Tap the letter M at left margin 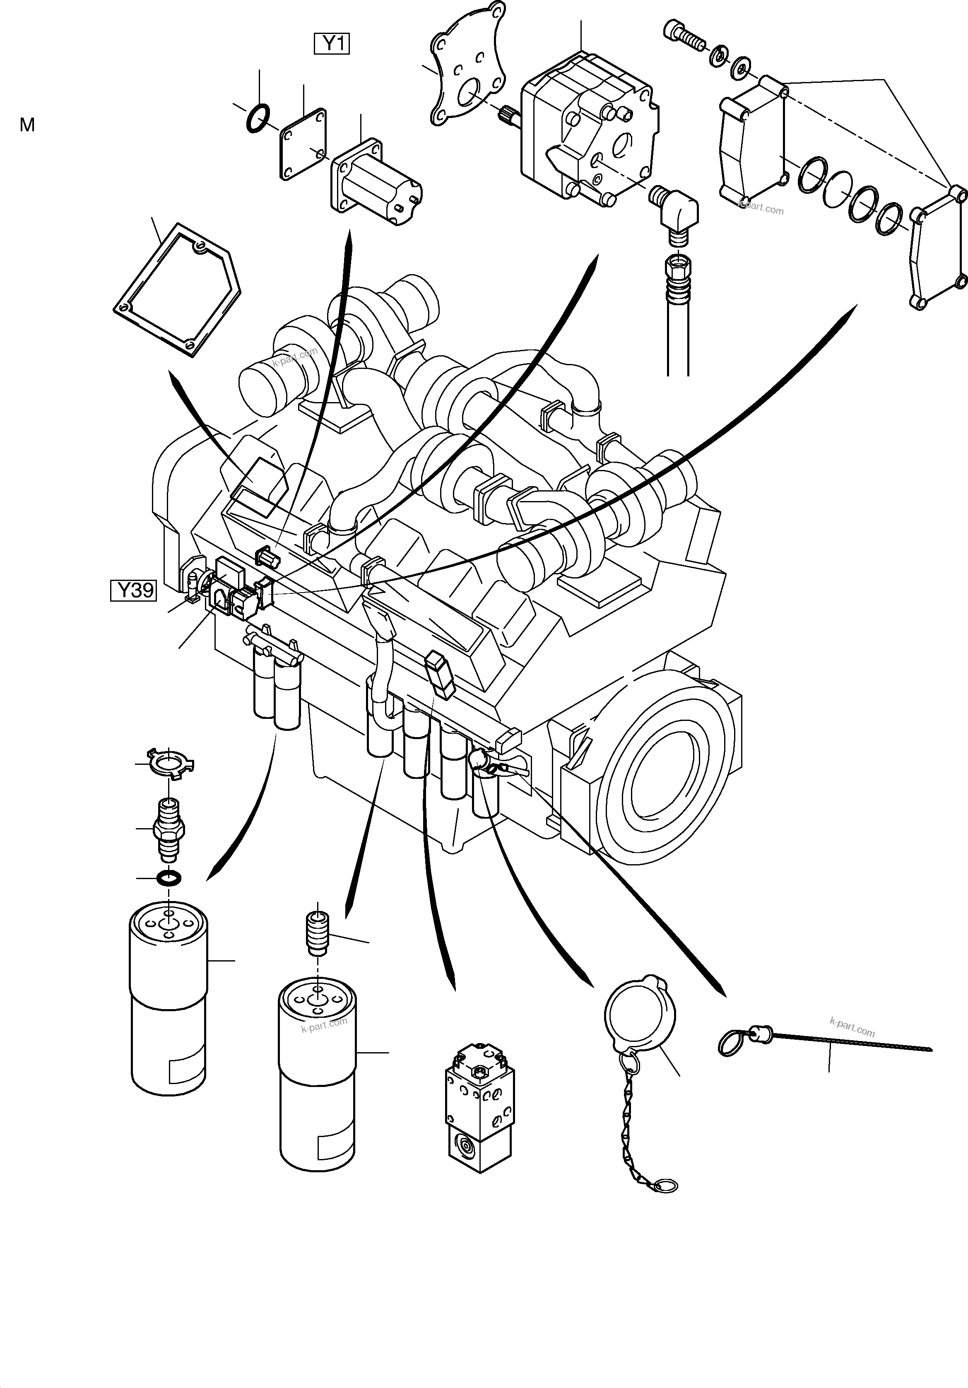click(x=27, y=125)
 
